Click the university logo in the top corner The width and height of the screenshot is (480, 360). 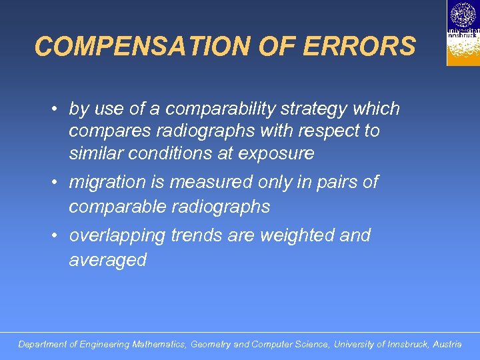coord(463,33)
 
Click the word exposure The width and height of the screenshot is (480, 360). coord(277,153)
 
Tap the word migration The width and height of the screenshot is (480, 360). coord(107,182)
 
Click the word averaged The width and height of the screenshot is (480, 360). coord(107,260)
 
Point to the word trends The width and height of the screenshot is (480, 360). coord(197,235)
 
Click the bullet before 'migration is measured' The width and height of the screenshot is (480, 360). coord(59,182)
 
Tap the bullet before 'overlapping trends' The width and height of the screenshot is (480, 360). coord(59,235)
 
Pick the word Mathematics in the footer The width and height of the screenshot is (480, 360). coord(159,345)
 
